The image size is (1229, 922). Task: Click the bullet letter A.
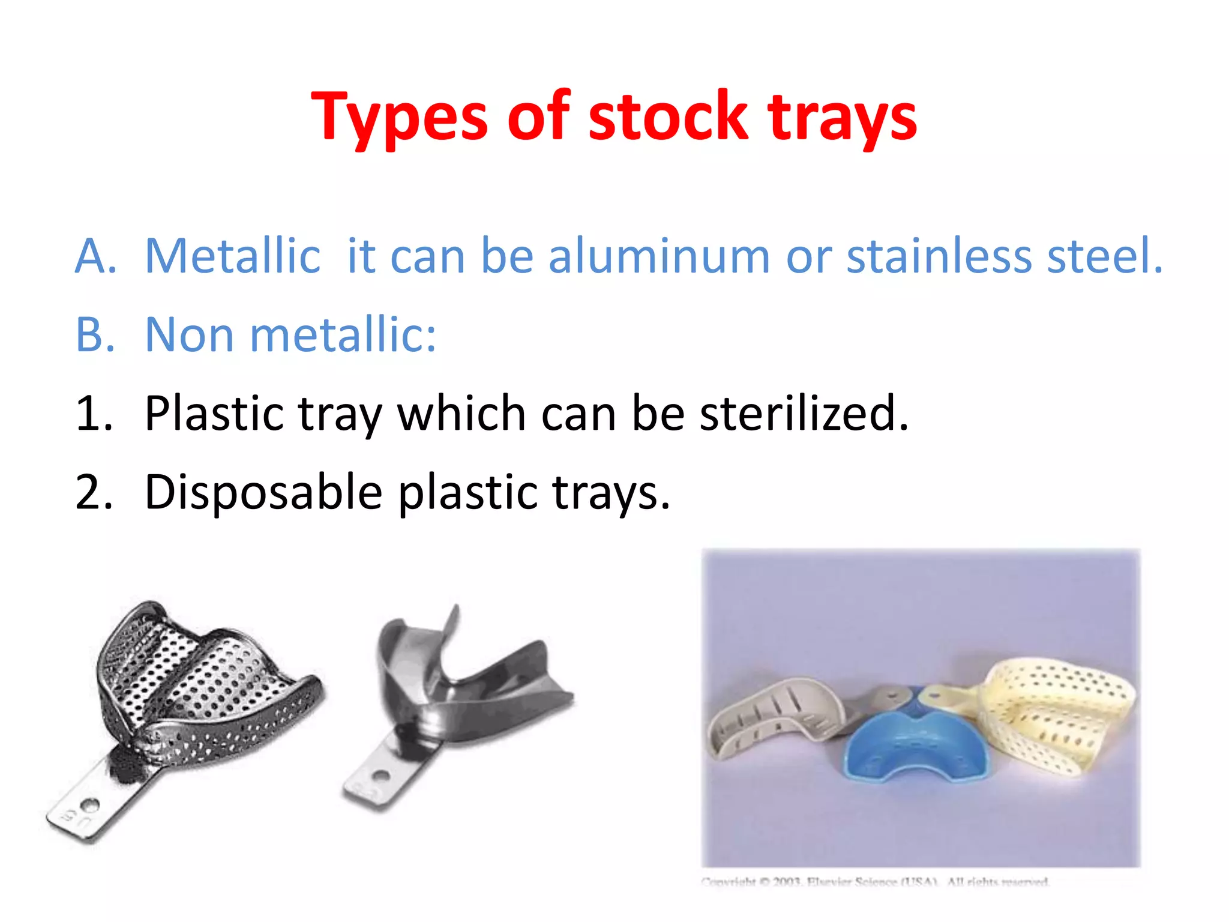tap(95, 256)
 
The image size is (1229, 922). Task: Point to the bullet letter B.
tap(95, 334)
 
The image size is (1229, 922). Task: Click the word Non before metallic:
tap(189, 334)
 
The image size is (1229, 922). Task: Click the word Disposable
tap(263, 492)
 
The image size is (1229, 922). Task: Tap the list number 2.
tap(94, 492)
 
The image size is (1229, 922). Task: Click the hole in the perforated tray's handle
tap(90, 805)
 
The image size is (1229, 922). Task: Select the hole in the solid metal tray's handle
tap(380, 777)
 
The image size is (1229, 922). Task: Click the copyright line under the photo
tap(875, 882)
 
